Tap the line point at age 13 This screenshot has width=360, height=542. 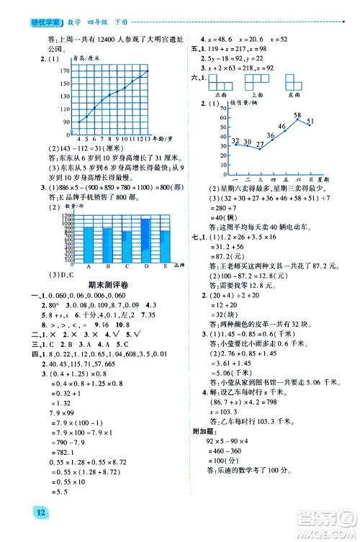(148, 70)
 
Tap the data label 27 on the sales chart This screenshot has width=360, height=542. (260, 144)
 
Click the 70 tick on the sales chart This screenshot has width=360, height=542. (222, 107)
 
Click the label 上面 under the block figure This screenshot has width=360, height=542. (256, 94)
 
